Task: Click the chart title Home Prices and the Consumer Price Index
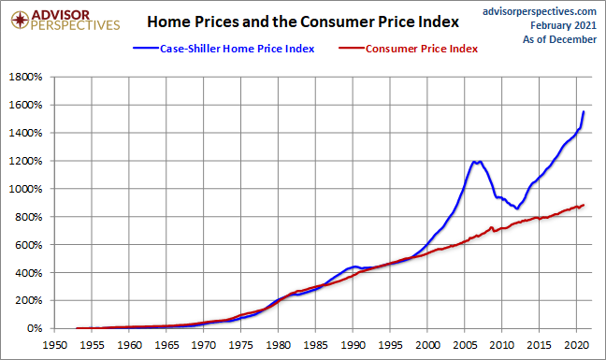pos(303,22)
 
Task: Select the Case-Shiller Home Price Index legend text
pos(237,49)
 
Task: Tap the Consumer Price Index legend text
pos(422,49)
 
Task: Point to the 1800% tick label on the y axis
pos(25,77)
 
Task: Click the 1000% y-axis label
pos(25,189)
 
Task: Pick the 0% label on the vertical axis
pos(35,328)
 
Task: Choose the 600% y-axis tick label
pos(29,245)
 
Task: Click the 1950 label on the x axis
pos(54,345)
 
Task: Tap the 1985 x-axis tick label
pos(315,345)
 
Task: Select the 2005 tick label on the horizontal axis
pos(465,345)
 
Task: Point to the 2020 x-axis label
pos(576,345)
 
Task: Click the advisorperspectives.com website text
pos(540,12)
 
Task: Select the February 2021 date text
pos(564,25)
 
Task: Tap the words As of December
pos(559,39)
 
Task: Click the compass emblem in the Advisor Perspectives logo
pos(20,20)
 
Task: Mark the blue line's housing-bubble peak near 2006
pos(473,162)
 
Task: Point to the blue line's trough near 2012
pos(517,209)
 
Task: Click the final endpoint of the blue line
pos(584,111)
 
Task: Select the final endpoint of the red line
pos(584,205)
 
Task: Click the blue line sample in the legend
pos(146,49)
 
